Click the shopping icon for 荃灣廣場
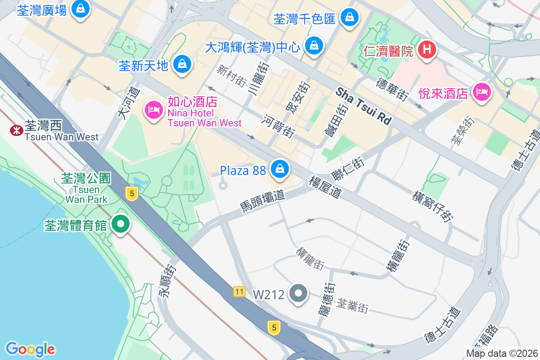point(80,9)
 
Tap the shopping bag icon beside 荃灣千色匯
point(349,18)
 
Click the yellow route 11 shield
point(239,292)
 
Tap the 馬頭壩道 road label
point(262,201)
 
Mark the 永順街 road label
point(167,281)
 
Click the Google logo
point(31,349)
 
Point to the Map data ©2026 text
point(501,353)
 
